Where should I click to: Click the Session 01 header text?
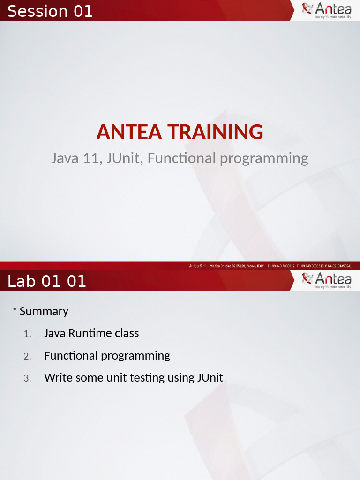50,11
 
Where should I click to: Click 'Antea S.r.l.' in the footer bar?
198,266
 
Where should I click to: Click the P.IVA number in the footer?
338,266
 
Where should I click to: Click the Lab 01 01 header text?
47,281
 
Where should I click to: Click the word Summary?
44,311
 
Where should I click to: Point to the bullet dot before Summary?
15,309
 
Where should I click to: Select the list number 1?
27,334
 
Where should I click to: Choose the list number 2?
27,356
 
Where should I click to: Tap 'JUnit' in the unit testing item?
210,378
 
